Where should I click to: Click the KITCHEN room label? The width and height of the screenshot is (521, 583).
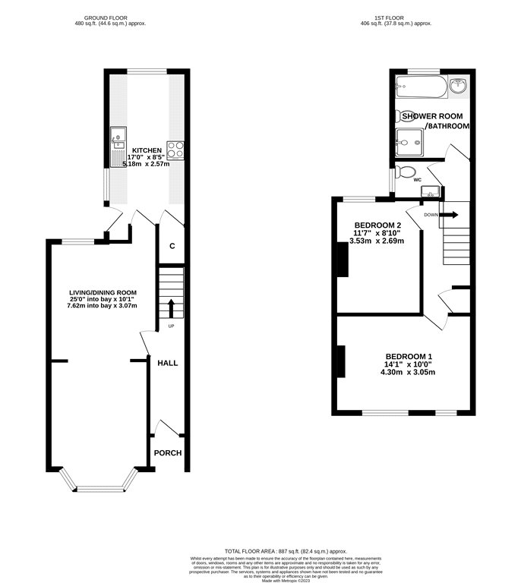pyautogui.click(x=147, y=150)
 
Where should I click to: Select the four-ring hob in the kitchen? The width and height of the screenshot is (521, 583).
pyautogui.click(x=174, y=150)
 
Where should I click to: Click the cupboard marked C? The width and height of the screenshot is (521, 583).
pyautogui.click(x=172, y=246)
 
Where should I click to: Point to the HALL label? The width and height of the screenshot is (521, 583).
pyautogui.click(x=167, y=363)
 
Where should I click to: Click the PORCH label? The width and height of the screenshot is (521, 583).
pyautogui.click(x=168, y=453)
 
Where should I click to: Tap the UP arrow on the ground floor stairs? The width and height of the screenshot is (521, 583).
pyautogui.click(x=170, y=307)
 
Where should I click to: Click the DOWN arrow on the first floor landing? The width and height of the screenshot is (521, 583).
pyautogui.click(x=450, y=214)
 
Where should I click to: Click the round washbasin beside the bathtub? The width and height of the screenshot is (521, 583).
pyautogui.click(x=459, y=87)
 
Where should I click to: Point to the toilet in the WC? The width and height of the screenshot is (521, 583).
pyautogui.click(x=407, y=172)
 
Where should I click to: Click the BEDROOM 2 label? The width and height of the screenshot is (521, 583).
pyautogui.click(x=377, y=225)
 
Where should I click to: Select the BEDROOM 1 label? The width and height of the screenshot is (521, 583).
pyautogui.click(x=409, y=357)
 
